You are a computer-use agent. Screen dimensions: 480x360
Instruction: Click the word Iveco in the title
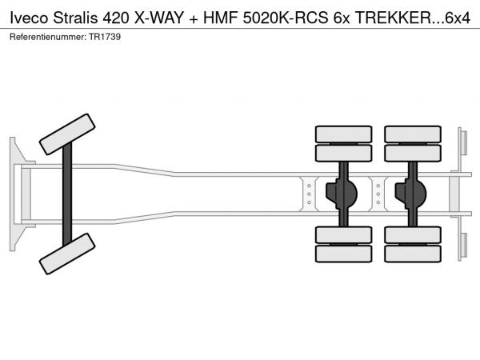[x=29, y=18]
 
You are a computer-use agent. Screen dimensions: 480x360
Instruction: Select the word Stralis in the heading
[x=76, y=18]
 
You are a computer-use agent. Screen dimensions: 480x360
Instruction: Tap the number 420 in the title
[x=116, y=18]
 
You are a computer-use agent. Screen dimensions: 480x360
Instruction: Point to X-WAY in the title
[x=158, y=18]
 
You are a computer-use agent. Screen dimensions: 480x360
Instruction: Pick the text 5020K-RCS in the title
[x=285, y=18]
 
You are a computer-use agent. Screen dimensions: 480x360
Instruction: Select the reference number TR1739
[x=105, y=37]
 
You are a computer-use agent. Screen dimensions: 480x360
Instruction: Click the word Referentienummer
[x=48, y=37]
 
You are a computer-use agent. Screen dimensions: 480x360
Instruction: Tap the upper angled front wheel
[x=67, y=134]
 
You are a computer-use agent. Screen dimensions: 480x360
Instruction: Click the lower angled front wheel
[x=67, y=254]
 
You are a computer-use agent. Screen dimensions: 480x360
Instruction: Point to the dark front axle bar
[x=67, y=194]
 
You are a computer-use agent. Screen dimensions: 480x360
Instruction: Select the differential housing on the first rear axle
[x=342, y=194]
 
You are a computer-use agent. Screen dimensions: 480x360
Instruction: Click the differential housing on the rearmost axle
[x=410, y=194]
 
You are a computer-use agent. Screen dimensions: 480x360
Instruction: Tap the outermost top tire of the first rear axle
[x=344, y=134]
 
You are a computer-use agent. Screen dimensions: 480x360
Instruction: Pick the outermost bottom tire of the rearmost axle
[x=413, y=254]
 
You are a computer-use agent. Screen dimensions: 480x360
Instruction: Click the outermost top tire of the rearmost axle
[x=413, y=134]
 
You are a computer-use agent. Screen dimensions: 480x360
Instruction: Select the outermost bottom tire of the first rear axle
[x=344, y=254]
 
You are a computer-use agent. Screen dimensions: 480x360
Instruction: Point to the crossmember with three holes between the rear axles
[x=378, y=194]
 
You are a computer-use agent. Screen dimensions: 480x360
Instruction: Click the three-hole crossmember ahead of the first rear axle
[x=309, y=194]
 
